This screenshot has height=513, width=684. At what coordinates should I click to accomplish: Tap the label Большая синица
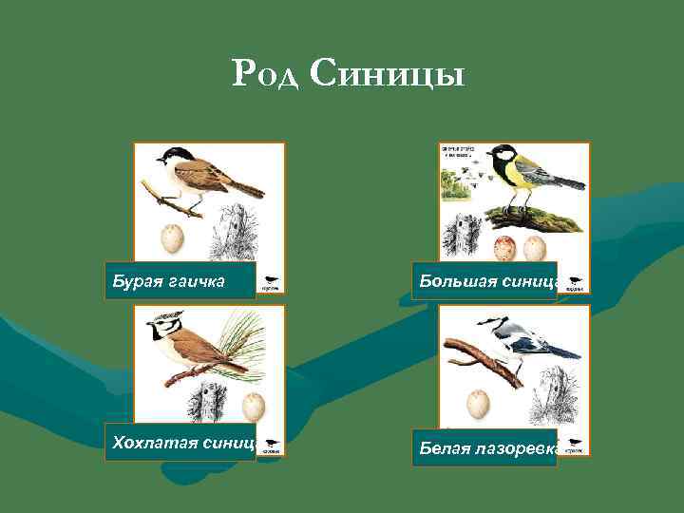484,281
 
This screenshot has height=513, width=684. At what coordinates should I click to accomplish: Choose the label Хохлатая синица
180,442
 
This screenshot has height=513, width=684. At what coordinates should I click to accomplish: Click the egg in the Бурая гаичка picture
172,237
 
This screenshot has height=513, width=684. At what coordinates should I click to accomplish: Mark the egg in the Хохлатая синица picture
253,407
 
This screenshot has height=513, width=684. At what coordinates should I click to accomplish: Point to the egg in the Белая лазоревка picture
478,405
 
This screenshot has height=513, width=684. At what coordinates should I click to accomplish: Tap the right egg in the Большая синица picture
534,249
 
